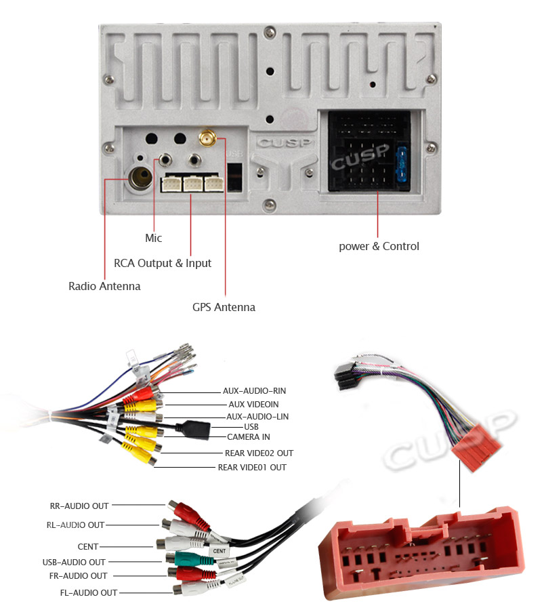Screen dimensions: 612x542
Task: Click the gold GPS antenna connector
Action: point(207,139)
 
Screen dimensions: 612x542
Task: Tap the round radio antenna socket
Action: point(141,178)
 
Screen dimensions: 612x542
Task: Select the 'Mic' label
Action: point(154,238)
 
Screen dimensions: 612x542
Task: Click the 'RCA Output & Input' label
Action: point(163,263)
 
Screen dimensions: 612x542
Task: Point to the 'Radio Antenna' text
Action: point(104,286)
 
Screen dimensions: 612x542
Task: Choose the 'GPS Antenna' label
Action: point(224,307)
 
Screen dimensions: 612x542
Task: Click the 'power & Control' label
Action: point(379,246)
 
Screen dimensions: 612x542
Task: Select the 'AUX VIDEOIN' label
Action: point(253,404)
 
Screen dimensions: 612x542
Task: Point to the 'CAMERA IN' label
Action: point(248,437)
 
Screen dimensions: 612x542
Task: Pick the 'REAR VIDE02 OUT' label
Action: point(259,453)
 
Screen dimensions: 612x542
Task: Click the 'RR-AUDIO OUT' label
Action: point(79,506)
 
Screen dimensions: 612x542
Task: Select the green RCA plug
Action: point(184,559)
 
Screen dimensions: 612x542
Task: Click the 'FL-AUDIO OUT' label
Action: point(89,593)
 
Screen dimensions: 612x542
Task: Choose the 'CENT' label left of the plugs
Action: point(88,546)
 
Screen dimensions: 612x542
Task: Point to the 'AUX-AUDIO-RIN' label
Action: point(254,391)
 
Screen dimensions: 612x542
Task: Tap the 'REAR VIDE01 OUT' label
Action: point(251,468)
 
